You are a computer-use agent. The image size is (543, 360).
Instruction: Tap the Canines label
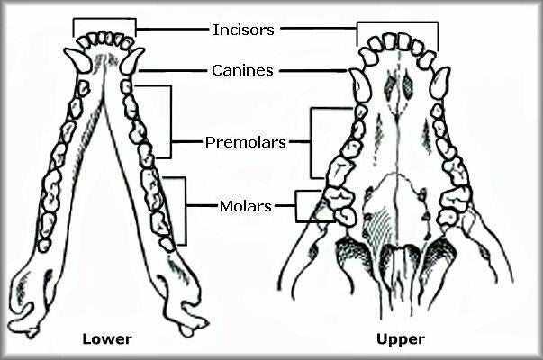pyautogui.click(x=243, y=69)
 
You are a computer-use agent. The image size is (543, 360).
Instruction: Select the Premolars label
pyautogui.click(x=246, y=142)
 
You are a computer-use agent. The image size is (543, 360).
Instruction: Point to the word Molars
pyautogui.click(x=246, y=206)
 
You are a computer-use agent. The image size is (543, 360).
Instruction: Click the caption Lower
pyautogui.click(x=107, y=339)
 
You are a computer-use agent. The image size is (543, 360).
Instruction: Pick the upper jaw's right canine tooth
pyautogui.click(x=439, y=84)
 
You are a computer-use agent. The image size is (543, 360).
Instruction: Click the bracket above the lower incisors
pyautogui.click(x=104, y=20)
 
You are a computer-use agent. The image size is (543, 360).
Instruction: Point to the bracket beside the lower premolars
pyautogui.click(x=169, y=117)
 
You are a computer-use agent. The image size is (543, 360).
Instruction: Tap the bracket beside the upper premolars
pyautogui.click(x=312, y=142)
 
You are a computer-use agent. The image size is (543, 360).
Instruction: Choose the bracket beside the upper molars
pyautogui.click(x=298, y=206)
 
